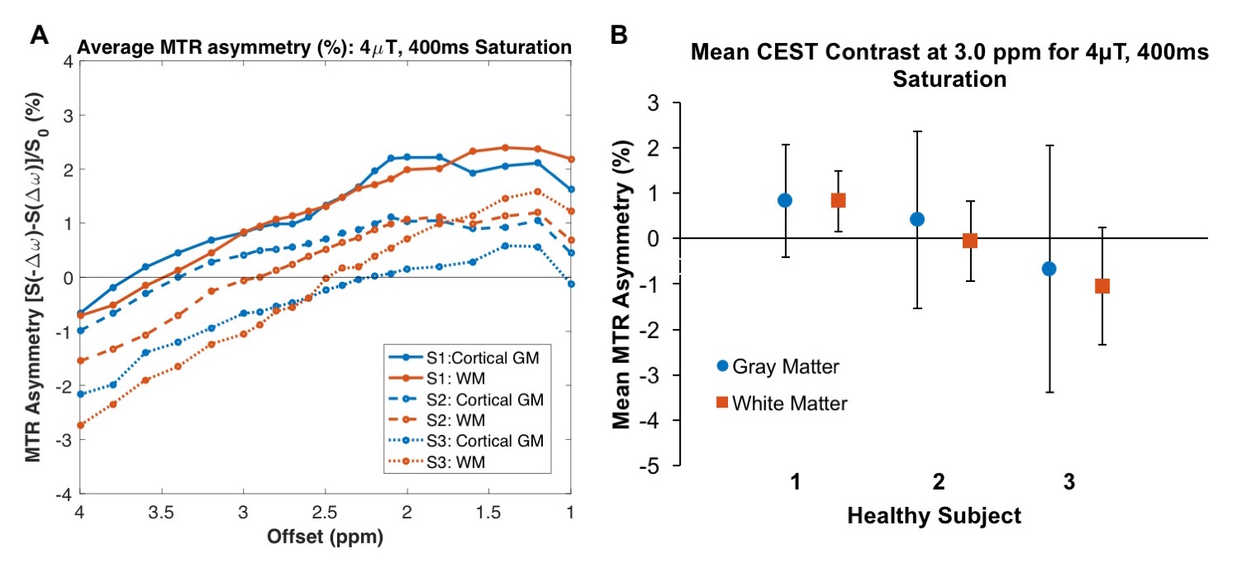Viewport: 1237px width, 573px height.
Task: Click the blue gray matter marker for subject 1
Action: click(x=785, y=200)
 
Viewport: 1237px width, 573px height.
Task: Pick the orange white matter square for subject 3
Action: click(x=1101, y=286)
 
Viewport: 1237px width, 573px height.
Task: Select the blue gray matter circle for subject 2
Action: click(x=917, y=219)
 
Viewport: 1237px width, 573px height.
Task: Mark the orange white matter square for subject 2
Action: click(x=970, y=241)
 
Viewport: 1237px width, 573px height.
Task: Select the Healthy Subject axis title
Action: click(x=934, y=517)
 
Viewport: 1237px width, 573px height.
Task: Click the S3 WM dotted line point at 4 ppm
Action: click(x=80, y=425)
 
